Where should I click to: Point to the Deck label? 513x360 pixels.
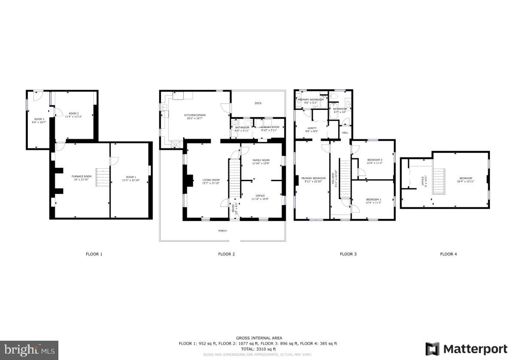[x=258, y=103]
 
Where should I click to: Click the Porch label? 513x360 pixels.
[x=222, y=231]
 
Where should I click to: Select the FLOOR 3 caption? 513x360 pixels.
[x=348, y=254]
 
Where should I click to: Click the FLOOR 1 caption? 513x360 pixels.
[x=94, y=254]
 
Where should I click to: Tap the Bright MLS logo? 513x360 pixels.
[x=29, y=350]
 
